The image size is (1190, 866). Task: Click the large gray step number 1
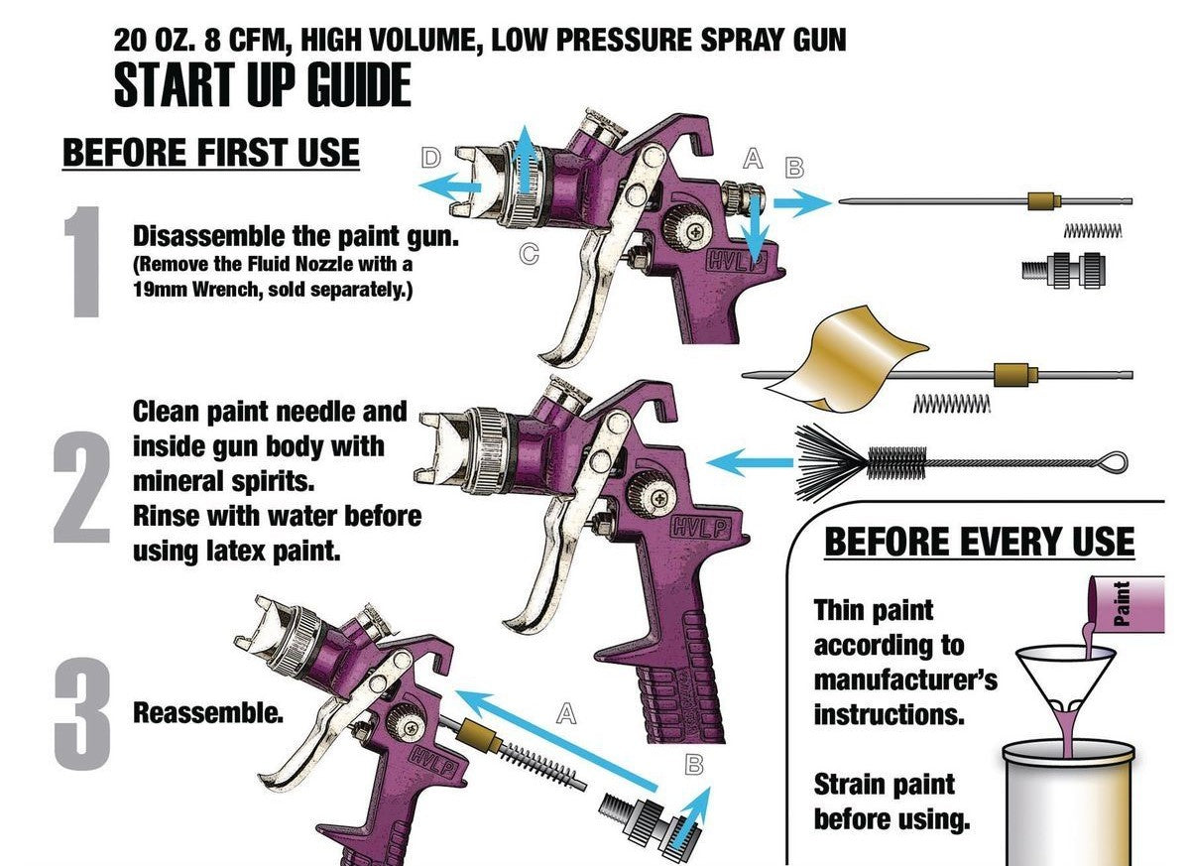[83, 262]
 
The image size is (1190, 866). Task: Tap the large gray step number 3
[82, 713]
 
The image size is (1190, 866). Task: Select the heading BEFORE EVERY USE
[980, 542]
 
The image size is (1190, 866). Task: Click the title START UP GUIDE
[263, 84]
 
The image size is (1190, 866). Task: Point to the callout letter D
[430, 158]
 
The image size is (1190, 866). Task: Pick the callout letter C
[529, 254]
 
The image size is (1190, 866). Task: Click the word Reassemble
[207, 712]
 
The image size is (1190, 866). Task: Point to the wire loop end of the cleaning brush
[1111, 461]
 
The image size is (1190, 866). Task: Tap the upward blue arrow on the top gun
[526, 159]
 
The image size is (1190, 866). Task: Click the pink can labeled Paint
[1126, 604]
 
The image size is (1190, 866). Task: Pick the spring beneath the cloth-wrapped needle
[951, 404]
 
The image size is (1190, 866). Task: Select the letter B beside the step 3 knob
[694, 765]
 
